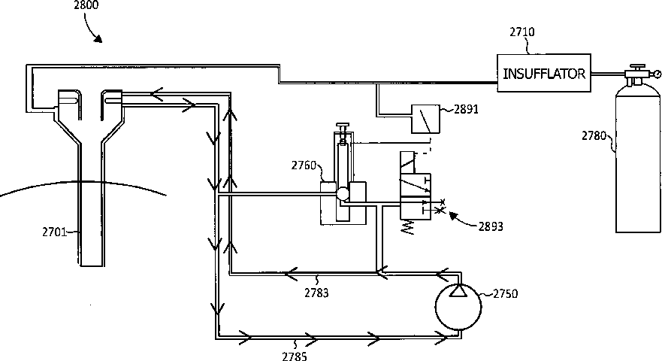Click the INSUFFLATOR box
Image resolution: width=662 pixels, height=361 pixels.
point(545,74)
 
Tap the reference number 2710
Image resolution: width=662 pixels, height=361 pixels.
point(521,32)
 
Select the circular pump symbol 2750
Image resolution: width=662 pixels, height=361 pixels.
point(456,308)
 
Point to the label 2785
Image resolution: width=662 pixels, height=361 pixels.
point(295,356)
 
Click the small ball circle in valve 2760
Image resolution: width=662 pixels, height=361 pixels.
point(343,193)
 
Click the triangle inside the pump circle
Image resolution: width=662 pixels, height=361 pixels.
point(456,293)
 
